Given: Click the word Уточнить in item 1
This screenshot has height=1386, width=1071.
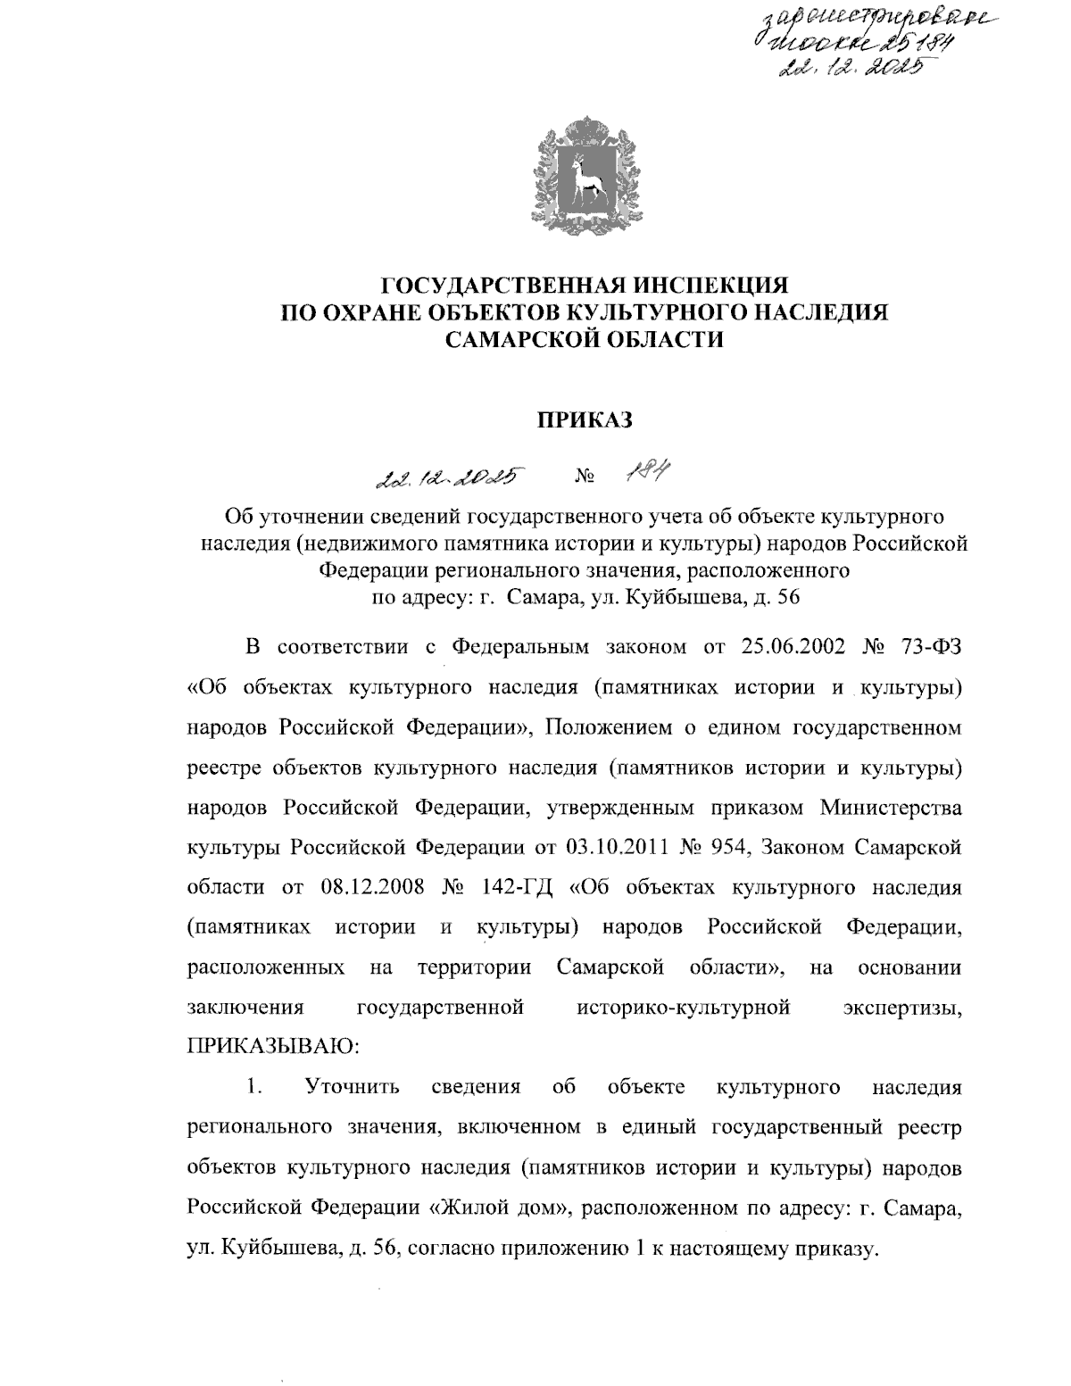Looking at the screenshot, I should pos(353,1087).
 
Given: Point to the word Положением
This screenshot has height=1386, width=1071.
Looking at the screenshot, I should pos(602,727).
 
